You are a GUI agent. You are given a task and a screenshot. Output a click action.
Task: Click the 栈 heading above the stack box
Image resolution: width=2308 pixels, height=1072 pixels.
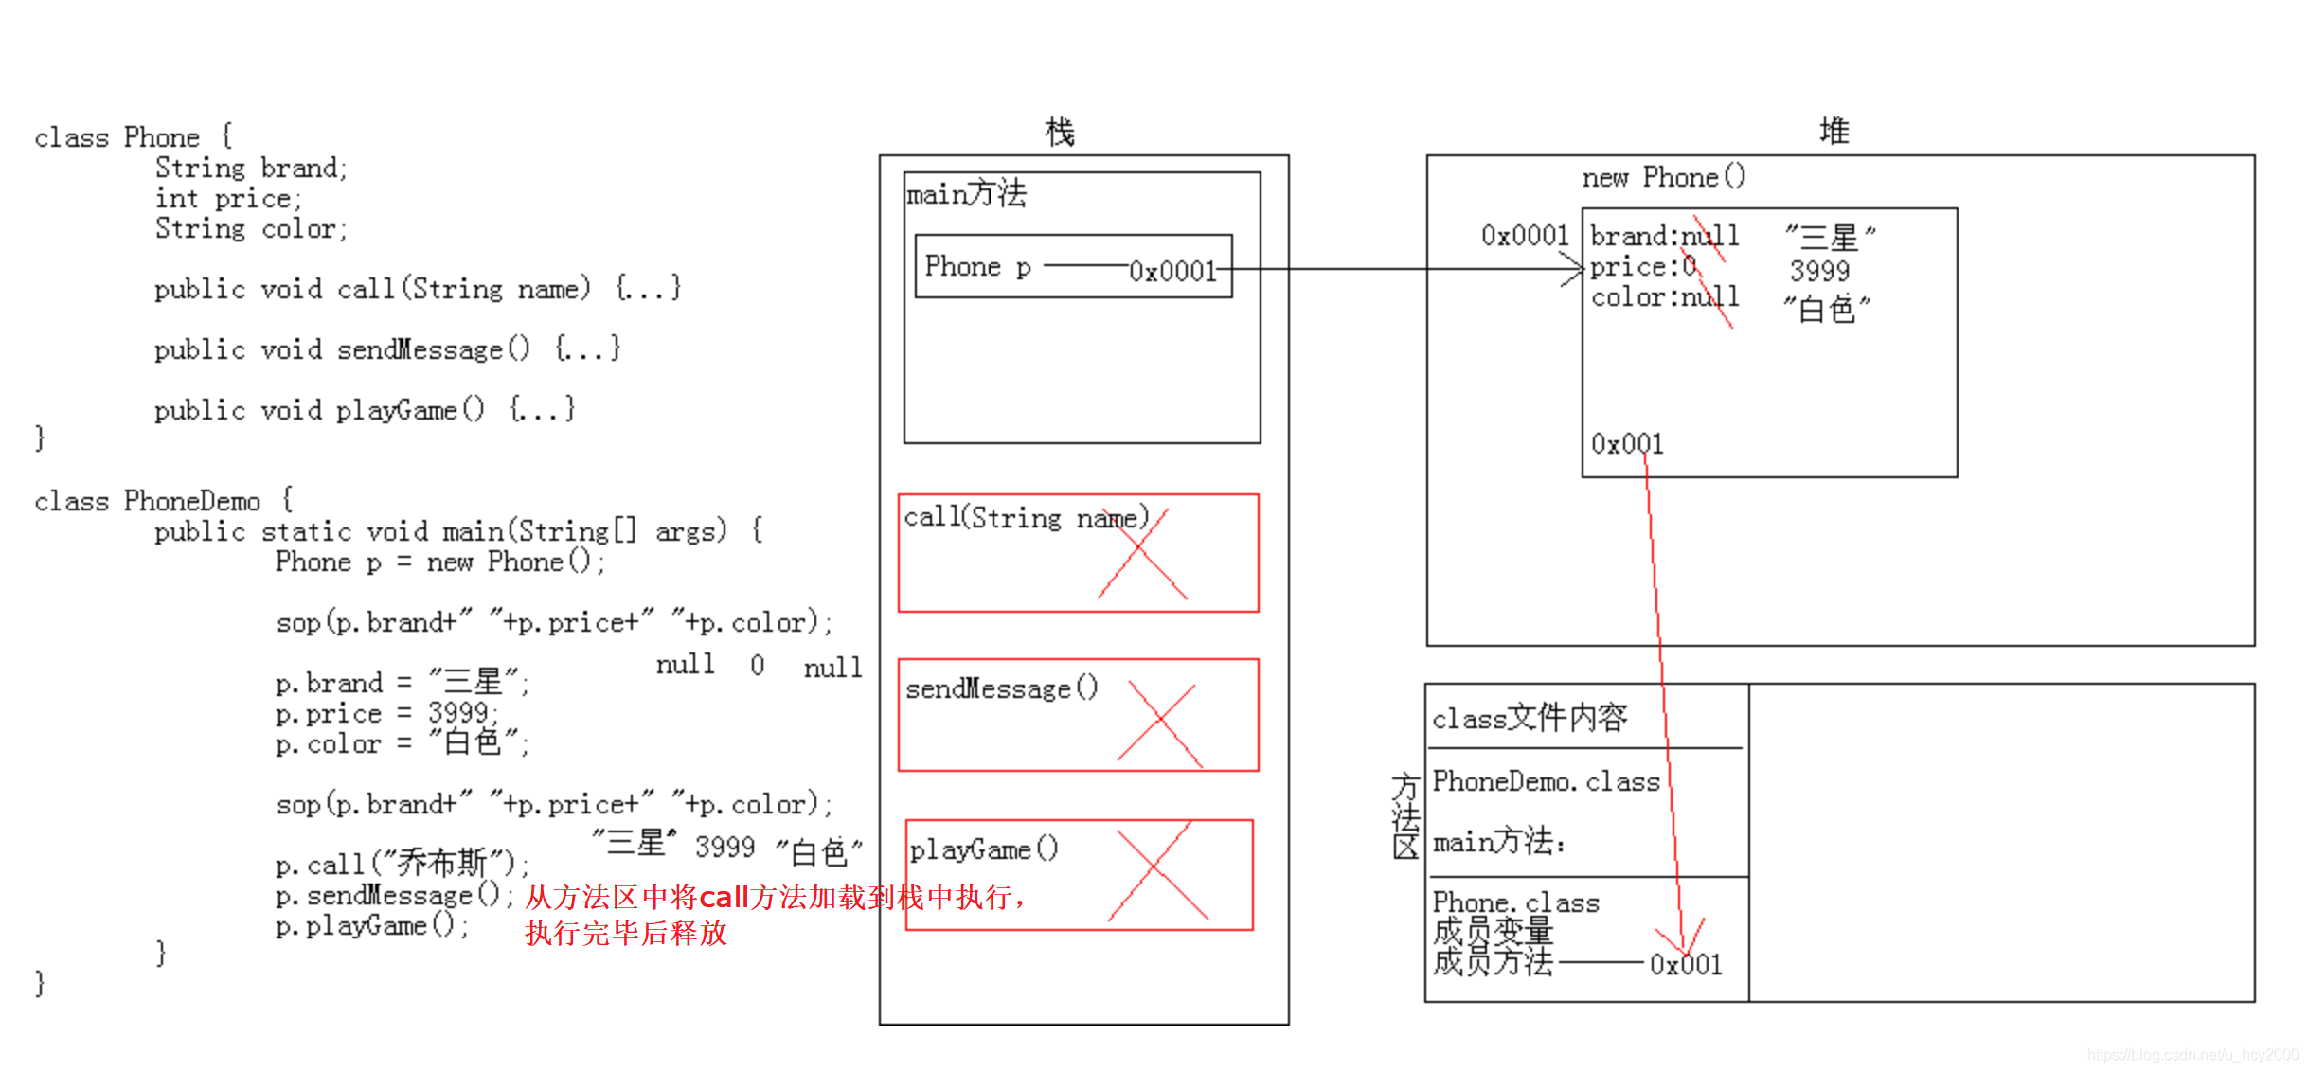(x=1059, y=132)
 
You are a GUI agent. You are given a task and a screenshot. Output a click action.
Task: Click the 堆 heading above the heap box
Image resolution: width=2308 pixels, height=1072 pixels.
(x=1834, y=131)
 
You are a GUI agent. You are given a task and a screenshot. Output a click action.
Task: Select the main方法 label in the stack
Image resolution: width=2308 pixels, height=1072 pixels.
(x=966, y=194)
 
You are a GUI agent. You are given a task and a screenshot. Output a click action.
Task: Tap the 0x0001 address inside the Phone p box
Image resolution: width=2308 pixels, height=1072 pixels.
(x=1172, y=272)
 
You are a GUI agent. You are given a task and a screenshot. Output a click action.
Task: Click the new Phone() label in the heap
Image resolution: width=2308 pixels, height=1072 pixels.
(x=1663, y=177)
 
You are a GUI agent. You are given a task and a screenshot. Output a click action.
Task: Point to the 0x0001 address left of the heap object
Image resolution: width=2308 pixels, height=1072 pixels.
(x=1525, y=235)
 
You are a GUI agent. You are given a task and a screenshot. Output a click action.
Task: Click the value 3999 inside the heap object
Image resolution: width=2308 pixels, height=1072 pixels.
(x=1819, y=271)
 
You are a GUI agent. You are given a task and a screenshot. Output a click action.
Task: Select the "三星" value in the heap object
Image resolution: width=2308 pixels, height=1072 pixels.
(x=1829, y=236)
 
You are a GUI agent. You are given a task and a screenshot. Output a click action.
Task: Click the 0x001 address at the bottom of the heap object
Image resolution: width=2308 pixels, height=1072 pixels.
(x=1626, y=443)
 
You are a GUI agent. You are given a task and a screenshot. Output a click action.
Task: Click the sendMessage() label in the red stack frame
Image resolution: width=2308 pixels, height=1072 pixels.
(x=1001, y=688)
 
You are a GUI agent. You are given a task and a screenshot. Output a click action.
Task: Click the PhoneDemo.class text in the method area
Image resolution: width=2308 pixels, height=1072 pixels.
(x=1546, y=781)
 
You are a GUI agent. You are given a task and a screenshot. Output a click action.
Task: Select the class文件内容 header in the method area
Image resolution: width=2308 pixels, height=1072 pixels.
(x=1530, y=718)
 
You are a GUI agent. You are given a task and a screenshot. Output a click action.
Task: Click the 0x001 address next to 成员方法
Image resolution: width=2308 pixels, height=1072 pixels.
(x=1686, y=964)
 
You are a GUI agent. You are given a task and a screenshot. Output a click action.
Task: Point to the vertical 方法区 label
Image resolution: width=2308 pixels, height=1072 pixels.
(x=1405, y=815)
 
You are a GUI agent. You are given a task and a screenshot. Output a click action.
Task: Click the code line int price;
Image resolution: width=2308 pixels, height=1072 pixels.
(x=228, y=199)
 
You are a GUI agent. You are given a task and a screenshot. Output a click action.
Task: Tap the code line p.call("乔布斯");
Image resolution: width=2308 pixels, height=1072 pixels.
(x=402, y=864)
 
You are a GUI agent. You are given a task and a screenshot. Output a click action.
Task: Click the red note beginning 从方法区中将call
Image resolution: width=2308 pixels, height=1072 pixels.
(x=775, y=897)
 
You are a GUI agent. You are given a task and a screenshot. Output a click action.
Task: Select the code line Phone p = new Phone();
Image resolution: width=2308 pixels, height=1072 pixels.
(x=439, y=562)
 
